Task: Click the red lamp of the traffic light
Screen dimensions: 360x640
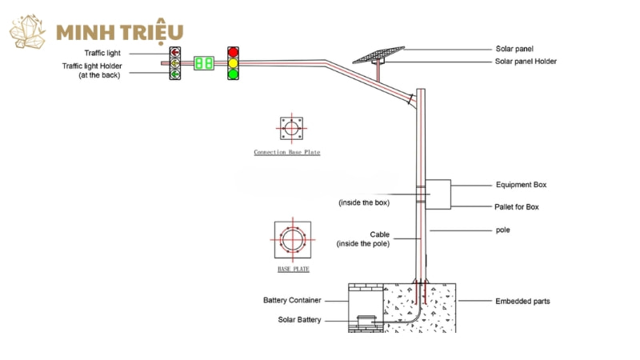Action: pos(234,52)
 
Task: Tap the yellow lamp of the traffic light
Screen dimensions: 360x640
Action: pos(234,62)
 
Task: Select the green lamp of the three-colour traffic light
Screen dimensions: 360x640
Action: pos(234,74)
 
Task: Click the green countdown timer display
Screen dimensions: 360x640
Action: pos(203,62)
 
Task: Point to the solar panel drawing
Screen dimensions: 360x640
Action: pos(379,54)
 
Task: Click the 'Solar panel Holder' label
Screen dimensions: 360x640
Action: pos(526,62)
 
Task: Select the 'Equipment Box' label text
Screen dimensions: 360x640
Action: pos(521,185)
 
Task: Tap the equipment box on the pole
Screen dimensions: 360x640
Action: pos(438,194)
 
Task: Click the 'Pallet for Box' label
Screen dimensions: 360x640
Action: pos(517,206)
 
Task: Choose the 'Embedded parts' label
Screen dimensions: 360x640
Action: pos(522,301)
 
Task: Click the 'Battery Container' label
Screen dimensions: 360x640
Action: pos(292,300)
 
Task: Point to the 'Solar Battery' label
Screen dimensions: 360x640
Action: pos(299,320)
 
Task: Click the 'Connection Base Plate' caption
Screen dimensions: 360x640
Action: pos(286,152)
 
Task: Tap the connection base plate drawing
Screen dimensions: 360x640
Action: pos(290,128)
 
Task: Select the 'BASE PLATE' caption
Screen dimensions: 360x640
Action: pos(293,270)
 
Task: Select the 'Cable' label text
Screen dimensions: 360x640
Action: pos(379,234)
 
